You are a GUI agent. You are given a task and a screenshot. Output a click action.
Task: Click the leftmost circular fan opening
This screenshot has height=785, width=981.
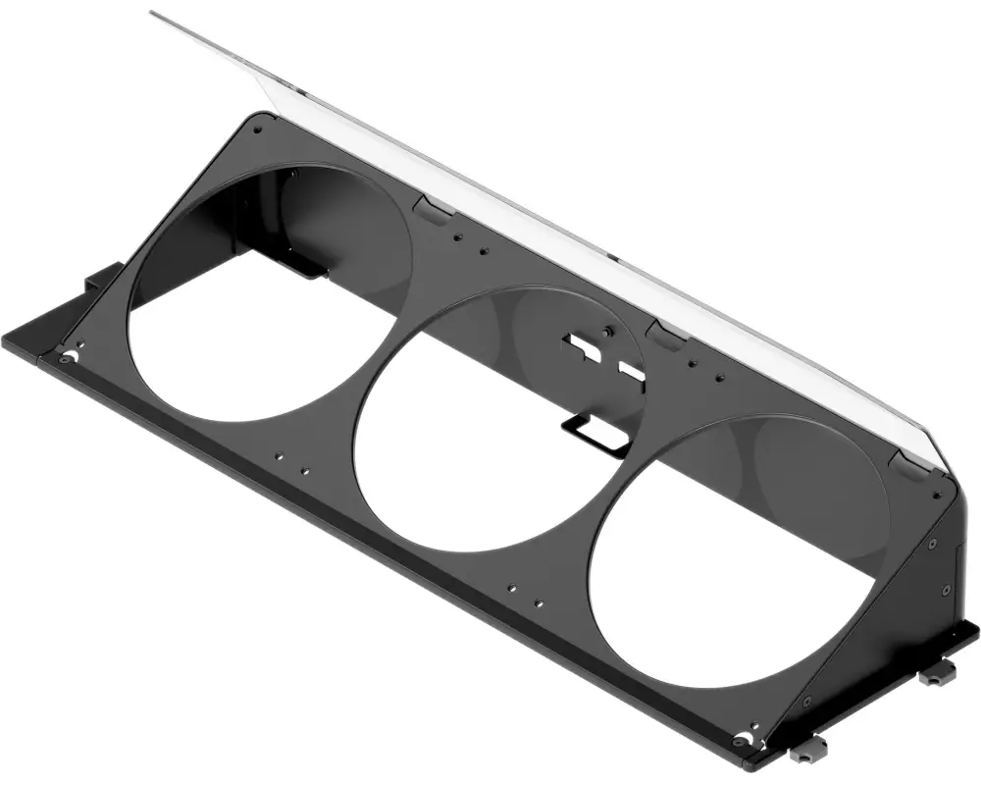pos(265,294)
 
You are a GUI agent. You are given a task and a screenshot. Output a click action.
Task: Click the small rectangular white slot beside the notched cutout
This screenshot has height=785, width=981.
pos(631,371)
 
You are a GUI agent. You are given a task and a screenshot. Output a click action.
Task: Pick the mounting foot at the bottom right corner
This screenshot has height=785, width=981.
pos(806,754)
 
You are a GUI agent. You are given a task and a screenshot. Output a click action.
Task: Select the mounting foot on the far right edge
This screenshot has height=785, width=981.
pos(938,671)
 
